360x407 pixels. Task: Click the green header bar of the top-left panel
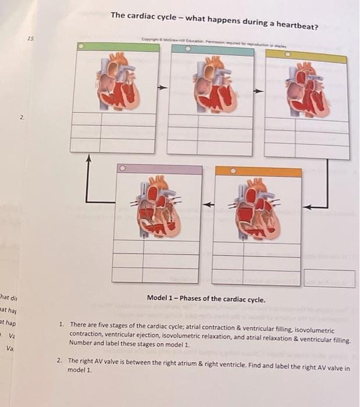(x=115, y=47)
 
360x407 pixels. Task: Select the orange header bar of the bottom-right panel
(x=258, y=172)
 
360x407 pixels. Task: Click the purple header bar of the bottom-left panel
(x=159, y=170)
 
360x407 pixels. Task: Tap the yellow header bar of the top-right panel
(x=306, y=58)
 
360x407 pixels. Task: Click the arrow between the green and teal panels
(x=163, y=88)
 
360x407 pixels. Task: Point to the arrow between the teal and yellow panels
(x=259, y=91)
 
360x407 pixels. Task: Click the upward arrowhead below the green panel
(x=89, y=158)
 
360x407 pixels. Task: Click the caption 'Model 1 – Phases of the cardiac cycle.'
(x=206, y=299)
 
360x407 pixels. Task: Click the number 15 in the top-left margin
(x=30, y=38)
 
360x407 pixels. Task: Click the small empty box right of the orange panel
(x=329, y=279)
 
